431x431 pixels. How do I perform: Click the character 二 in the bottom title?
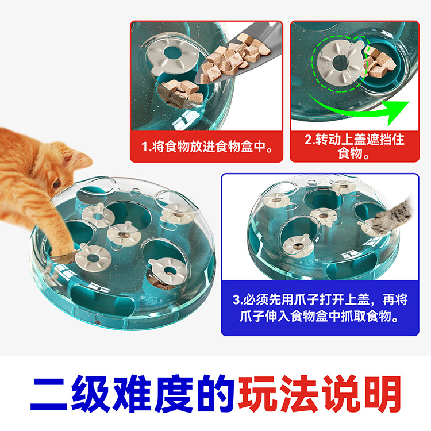coord(49,394)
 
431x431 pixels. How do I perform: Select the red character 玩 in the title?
coord(257,394)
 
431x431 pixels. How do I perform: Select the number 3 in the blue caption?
coord(236,299)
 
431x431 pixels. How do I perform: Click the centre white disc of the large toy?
coord(124,234)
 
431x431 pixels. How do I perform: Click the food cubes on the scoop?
coord(236,59)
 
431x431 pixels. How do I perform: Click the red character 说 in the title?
coord(340,394)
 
